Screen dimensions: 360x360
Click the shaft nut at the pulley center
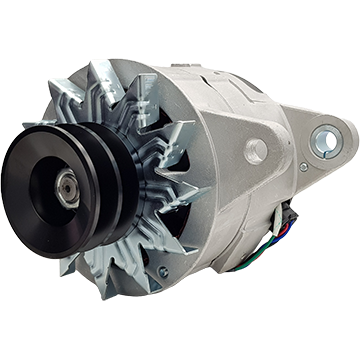[x=66, y=186]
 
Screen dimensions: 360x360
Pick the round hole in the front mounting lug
[x=256, y=150]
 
